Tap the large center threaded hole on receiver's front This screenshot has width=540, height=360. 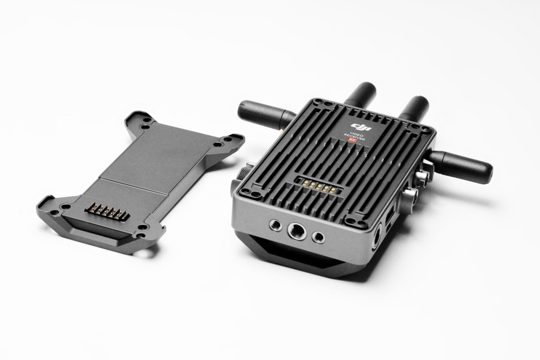pos(294,231)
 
